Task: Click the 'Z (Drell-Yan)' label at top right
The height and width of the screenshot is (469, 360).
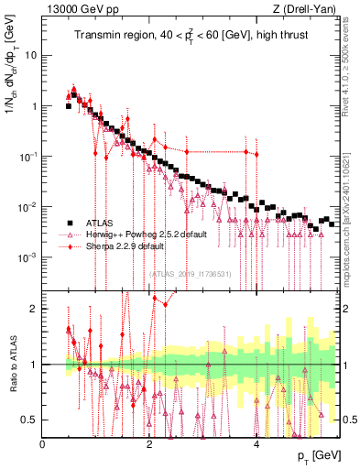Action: pyautogui.click(x=313, y=8)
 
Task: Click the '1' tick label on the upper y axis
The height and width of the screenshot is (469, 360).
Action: pyautogui.click(x=35, y=105)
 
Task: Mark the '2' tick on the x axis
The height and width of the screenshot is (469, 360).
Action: pyautogui.click(x=149, y=443)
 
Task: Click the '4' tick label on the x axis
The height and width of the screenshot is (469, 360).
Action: pyautogui.click(x=256, y=443)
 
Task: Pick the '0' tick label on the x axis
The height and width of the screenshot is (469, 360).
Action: pyautogui.click(x=43, y=443)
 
